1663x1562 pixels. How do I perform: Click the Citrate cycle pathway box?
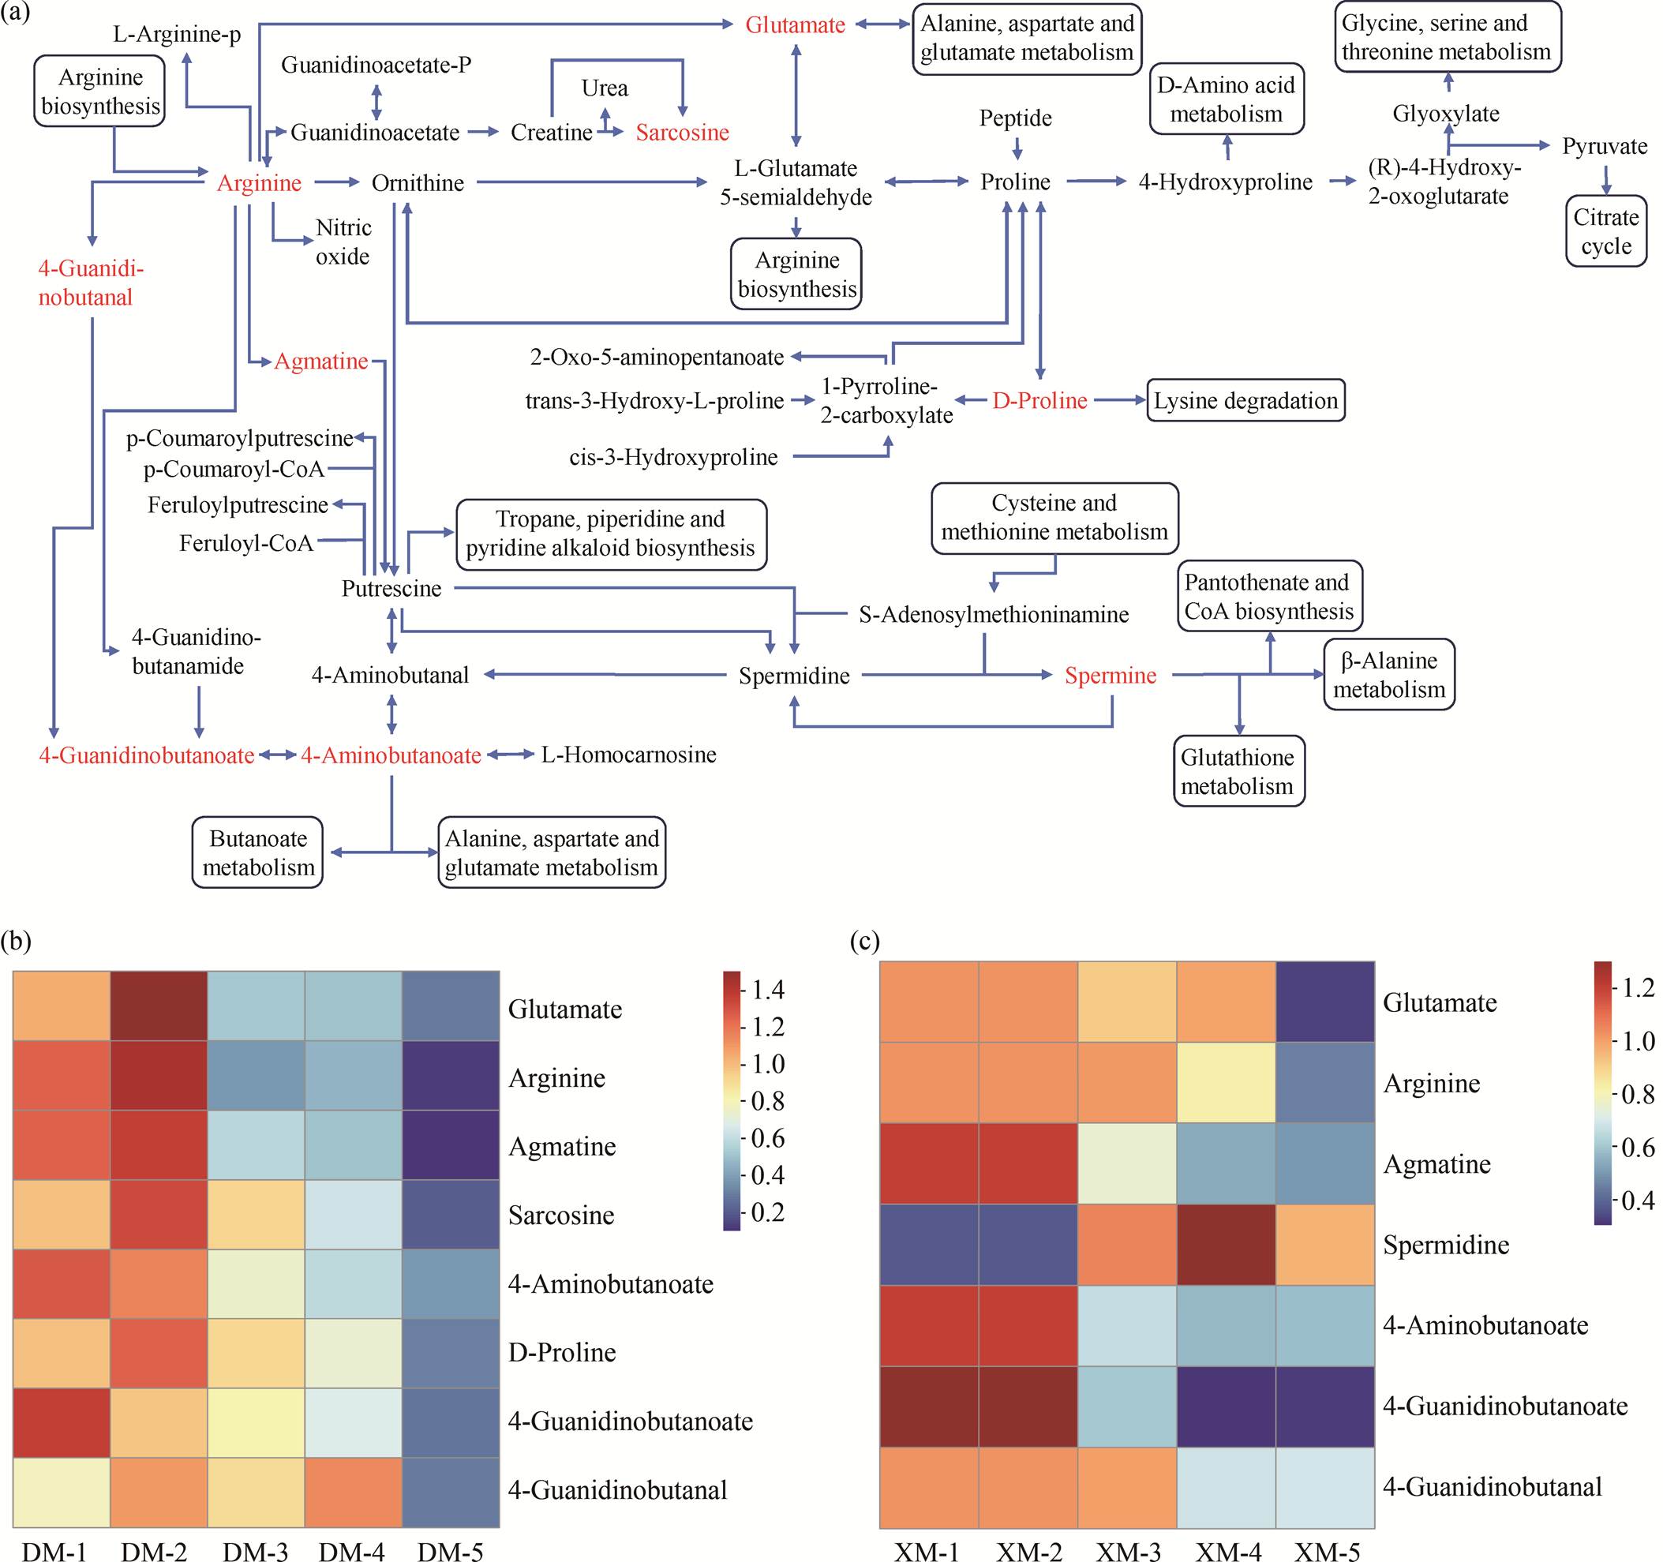point(1605,231)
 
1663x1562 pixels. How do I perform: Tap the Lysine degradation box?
point(1245,401)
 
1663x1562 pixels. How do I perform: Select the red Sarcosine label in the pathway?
point(682,132)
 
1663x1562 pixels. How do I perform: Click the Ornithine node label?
point(418,183)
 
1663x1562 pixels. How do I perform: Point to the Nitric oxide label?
point(343,242)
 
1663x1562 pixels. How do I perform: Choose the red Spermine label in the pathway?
point(1110,675)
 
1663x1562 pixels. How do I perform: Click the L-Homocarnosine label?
point(628,755)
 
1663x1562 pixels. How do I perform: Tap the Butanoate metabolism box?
point(257,852)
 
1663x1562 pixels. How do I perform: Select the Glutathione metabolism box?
point(1238,771)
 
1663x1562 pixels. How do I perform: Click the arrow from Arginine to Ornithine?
point(336,182)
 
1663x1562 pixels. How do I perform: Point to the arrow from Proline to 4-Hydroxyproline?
point(1096,181)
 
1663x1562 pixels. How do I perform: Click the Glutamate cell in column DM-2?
point(159,1006)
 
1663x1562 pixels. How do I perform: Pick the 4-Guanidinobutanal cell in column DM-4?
point(353,1492)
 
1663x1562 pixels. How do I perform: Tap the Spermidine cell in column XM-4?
point(1226,1244)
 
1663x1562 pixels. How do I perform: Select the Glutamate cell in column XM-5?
point(1324,1002)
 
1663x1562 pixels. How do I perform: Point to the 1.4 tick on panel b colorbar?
point(767,990)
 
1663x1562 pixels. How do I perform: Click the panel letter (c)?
point(864,941)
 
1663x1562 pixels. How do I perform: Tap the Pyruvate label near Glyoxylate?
point(1604,146)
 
